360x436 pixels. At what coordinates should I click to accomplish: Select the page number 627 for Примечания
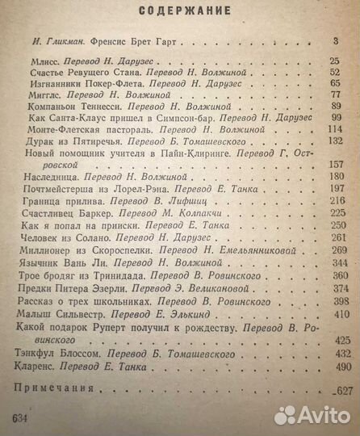coord(342,392)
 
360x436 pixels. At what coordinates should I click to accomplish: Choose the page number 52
coord(345,72)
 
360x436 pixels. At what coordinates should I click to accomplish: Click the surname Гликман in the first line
coord(61,39)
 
